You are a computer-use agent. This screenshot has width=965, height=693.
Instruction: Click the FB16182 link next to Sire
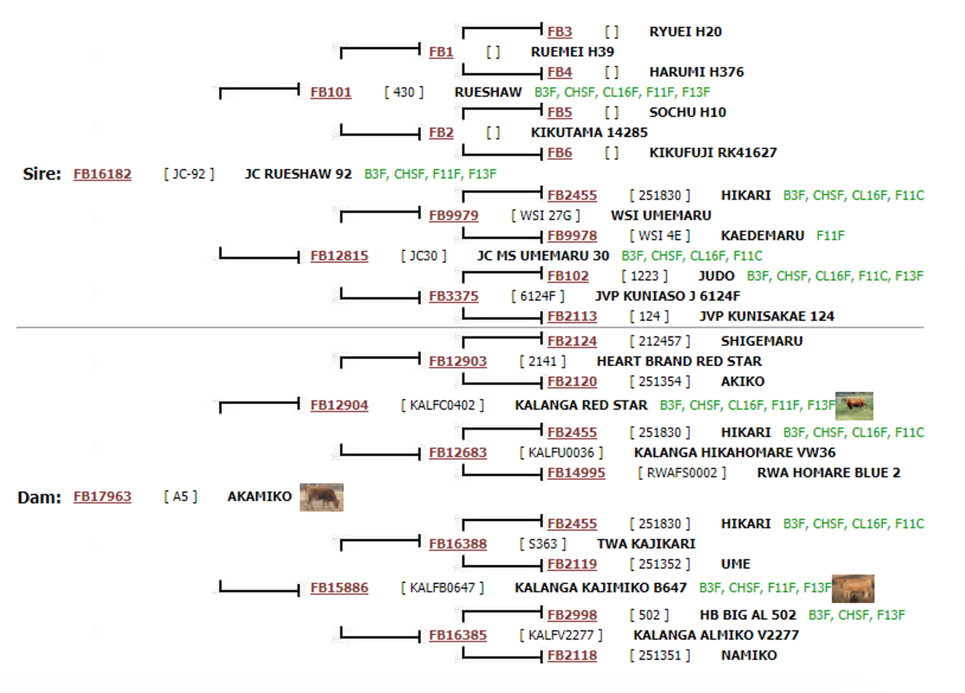[102, 174]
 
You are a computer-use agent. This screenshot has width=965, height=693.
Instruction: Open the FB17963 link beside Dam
[102, 496]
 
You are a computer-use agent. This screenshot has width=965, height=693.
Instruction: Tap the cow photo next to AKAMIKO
[321, 497]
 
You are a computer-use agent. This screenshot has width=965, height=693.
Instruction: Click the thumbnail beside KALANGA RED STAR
[854, 406]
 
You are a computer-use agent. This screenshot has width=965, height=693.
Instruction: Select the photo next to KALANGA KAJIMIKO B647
[853, 588]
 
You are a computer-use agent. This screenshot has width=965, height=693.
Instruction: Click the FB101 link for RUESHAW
[331, 92]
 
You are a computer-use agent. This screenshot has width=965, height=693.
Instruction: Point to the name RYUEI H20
[685, 32]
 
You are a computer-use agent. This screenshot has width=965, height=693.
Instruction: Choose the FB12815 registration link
[339, 256]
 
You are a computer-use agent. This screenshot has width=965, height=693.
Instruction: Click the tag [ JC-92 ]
[188, 174]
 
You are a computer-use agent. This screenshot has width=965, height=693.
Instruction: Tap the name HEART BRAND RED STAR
[679, 361]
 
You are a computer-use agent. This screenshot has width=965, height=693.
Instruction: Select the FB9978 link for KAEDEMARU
[572, 236]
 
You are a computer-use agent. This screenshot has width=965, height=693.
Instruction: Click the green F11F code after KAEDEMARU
[830, 236]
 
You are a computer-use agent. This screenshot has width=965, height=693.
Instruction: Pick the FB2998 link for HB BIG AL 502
[572, 615]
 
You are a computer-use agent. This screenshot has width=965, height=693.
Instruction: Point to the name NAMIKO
[749, 655]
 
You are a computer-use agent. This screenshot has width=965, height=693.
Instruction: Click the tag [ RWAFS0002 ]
[682, 473]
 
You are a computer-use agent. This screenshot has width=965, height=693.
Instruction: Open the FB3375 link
[453, 297]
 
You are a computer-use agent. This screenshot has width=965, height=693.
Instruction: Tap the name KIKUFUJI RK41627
[713, 152]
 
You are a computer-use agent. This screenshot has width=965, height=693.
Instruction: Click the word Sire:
[42, 174]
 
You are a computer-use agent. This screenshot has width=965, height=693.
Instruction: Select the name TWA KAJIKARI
[646, 544]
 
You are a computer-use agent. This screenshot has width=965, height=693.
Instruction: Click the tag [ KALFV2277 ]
[561, 635]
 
